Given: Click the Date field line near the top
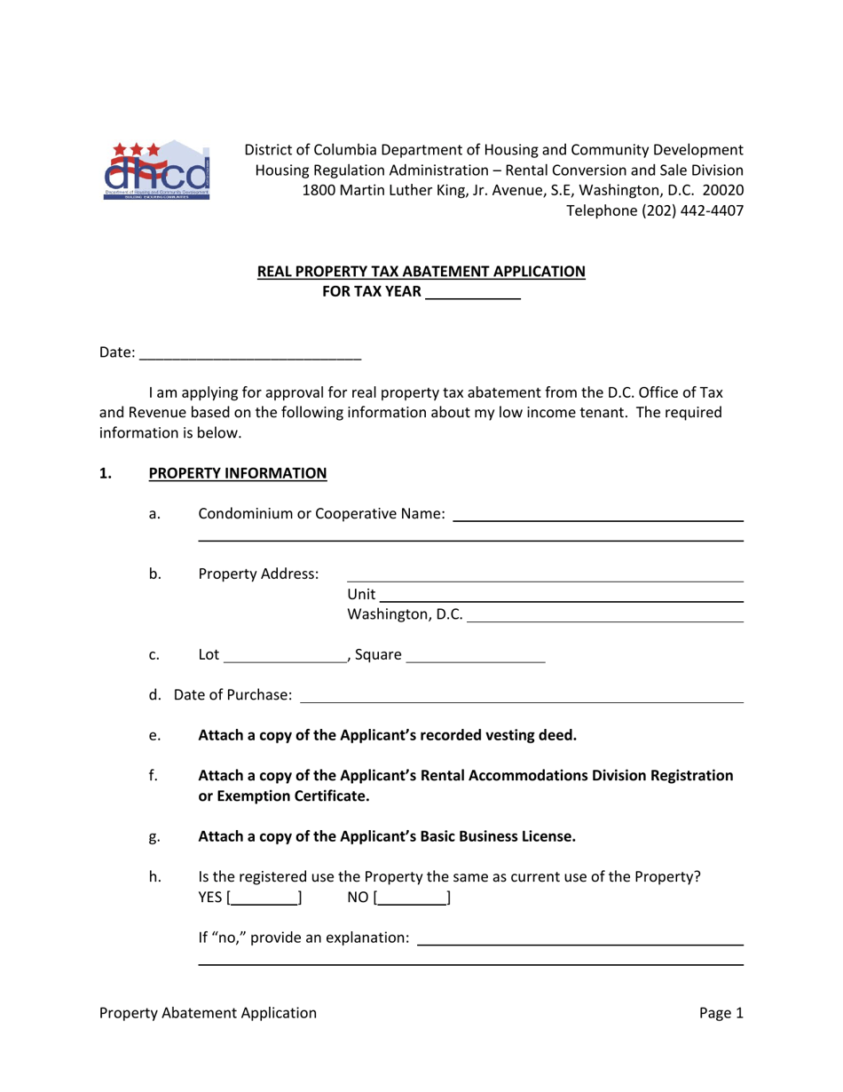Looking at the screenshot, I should coord(250,353).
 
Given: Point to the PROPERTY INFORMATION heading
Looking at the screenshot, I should coord(238,473).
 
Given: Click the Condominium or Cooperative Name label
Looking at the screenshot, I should coord(321,513).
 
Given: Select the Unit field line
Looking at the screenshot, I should coord(561,596).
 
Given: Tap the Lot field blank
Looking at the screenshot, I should coord(285,657).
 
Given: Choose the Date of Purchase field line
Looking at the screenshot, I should coord(521,695).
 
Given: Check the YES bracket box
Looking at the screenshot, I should coord(264,898).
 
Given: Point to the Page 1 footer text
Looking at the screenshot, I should coord(721,1013).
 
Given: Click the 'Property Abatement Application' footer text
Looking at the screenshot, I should coord(208,1013).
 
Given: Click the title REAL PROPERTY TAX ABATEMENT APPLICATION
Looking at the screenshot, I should coord(421,272).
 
